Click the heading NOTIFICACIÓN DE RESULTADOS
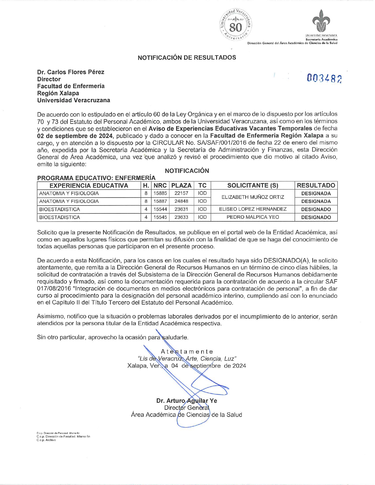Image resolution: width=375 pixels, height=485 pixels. (187, 58)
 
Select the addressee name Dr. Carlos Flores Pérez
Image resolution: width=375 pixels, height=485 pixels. (71, 72)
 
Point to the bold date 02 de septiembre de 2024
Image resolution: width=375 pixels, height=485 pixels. (75, 136)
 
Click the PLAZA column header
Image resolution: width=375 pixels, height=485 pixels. (181, 185)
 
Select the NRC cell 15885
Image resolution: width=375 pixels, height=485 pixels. (160, 193)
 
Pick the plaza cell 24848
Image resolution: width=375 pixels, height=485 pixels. (181, 201)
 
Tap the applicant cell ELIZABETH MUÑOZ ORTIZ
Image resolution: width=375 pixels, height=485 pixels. (253, 197)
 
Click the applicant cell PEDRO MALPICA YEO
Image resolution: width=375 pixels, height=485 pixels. (253, 217)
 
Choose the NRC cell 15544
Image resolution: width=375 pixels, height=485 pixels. (160, 209)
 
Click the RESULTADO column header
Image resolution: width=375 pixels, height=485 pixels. (316, 185)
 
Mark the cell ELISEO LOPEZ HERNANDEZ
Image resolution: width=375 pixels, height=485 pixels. (253, 209)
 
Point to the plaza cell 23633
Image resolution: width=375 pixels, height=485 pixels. (181, 217)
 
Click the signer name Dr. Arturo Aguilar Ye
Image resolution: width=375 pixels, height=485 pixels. (186, 401)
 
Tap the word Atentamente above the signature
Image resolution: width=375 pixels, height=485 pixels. (187, 352)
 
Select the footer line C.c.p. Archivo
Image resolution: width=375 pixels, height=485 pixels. (46, 440)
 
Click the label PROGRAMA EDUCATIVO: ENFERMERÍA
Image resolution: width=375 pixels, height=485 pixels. (96, 178)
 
